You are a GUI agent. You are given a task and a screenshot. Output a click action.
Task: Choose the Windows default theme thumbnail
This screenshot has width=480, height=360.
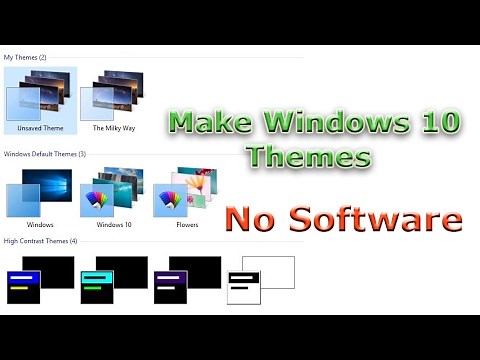[x=39, y=192]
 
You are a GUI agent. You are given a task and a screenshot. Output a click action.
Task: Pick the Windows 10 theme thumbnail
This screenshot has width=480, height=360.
[x=113, y=192]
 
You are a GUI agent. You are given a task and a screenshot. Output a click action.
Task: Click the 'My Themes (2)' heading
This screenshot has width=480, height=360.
[x=25, y=57]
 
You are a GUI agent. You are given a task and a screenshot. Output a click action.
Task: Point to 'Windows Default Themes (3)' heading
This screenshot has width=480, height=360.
[x=45, y=154]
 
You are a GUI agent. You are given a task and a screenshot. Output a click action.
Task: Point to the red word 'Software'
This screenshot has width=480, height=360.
[x=375, y=218]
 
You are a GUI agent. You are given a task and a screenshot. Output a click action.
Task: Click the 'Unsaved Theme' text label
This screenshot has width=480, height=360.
[x=39, y=129]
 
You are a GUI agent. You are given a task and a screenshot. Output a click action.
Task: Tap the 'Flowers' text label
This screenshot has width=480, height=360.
[x=186, y=225]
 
